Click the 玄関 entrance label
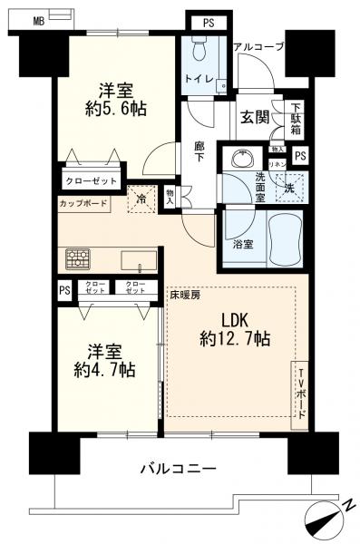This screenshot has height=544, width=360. coord(253,117)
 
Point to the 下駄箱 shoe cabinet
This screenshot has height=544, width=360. coord(296,116)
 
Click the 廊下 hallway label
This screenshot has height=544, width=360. coord(201,154)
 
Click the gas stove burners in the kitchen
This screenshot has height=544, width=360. coord(79,258)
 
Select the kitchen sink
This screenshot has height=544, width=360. coord(141,265)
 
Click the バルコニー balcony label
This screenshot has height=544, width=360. coord(177,469)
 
